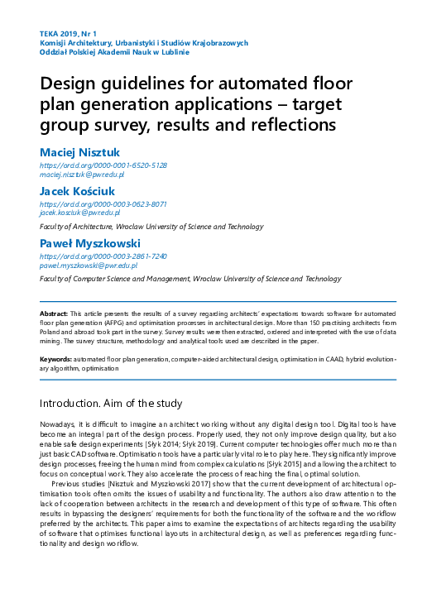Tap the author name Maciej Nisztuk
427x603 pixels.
(81, 153)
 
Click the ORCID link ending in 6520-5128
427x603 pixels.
(103, 165)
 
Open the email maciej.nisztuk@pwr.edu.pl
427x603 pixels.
(82, 175)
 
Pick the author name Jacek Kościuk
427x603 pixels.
(79, 191)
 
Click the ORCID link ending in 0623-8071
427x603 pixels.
(103, 203)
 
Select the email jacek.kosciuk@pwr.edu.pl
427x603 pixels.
(80, 213)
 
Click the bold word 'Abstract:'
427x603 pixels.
(54, 316)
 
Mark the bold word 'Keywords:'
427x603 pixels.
(55, 359)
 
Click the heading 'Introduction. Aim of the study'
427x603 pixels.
(122, 404)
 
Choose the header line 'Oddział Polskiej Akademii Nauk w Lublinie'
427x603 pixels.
(114, 51)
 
